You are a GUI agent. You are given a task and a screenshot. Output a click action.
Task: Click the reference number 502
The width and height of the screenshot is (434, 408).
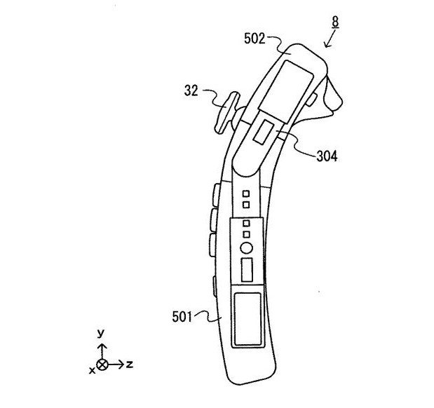tap(255, 39)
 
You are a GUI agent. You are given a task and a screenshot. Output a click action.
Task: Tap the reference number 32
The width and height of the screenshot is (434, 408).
tap(191, 90)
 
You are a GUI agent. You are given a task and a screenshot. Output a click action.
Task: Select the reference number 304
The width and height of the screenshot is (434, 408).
tap(327, 156)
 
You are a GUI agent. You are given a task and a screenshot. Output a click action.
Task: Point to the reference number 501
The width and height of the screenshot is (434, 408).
tap(182, 317)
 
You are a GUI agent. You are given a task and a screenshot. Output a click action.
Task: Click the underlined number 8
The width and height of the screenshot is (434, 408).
tap(335, 22)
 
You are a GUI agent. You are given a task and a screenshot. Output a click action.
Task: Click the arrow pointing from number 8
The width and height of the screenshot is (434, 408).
tap(330, 39)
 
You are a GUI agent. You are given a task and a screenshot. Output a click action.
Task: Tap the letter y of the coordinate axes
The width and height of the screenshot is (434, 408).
tap(101, 333)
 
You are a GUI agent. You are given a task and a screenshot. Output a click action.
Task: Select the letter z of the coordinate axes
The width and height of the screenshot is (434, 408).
tap(130, 365)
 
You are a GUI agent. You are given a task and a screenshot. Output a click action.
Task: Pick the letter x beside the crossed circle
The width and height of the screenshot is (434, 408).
tap(92, 370)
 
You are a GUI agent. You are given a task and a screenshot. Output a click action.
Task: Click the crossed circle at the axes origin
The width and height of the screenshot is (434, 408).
tap(102, 365)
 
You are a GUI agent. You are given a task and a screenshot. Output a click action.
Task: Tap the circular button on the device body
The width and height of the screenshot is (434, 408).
tap(246, 247)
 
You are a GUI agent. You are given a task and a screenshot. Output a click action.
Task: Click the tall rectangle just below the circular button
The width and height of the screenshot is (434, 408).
tap(247, 270)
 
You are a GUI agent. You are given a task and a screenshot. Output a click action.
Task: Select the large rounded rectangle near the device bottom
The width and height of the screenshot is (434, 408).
tap(247, 320)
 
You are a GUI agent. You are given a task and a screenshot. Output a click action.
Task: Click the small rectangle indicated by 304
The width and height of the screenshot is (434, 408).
tap(264, 132)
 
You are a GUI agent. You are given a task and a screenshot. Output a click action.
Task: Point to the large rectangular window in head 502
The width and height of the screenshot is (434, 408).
tap(285, 92)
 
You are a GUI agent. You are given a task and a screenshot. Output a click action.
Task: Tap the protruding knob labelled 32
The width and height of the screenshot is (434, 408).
tap(226, 113)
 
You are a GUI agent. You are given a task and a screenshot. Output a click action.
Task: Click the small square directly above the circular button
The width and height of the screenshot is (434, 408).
tap(246, 234)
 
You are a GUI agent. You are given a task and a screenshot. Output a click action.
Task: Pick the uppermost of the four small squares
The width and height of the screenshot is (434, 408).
tap(246, 193)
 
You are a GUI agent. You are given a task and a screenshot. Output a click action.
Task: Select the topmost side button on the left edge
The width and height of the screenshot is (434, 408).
tap(216, 195)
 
